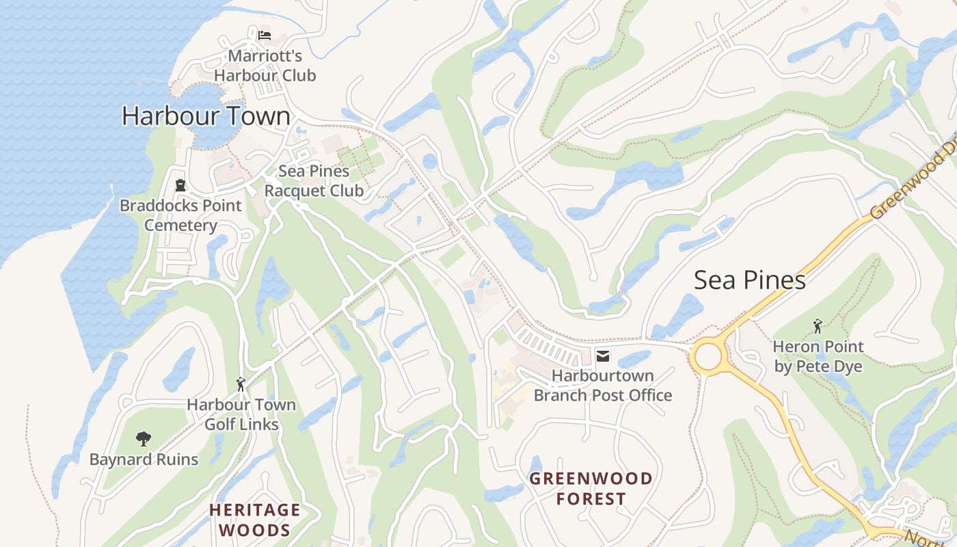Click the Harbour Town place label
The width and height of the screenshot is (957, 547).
206,116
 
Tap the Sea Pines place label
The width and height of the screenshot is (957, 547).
749,280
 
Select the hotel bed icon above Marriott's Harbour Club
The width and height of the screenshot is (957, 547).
265,35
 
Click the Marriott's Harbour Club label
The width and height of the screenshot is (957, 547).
265,66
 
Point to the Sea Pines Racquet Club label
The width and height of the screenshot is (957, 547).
314,181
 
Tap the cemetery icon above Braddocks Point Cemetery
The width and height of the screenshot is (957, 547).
180,185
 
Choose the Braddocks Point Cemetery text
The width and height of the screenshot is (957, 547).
180,215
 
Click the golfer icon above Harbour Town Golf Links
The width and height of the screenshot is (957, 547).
240,384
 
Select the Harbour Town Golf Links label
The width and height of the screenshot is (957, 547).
241,414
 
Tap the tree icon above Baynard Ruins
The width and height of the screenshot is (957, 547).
143,438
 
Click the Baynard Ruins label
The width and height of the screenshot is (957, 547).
144,459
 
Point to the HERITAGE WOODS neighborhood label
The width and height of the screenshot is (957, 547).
254,520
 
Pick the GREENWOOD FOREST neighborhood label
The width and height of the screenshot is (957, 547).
591,488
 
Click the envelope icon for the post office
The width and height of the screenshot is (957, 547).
602,356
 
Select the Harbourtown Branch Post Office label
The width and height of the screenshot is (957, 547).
602,386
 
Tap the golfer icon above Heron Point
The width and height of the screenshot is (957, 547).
818,326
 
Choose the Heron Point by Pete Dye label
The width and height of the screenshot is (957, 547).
818,356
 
